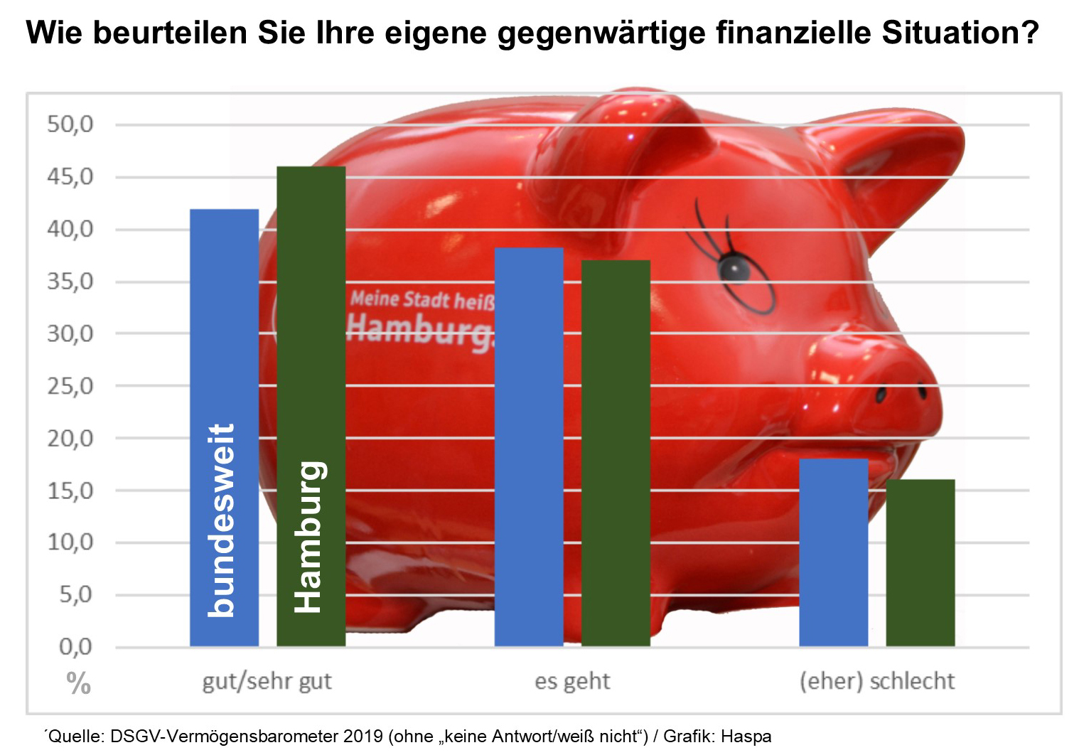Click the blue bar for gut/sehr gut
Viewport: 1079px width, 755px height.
coord(224,320)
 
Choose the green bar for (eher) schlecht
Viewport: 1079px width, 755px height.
coord(920,562)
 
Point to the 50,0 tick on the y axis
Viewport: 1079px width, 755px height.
coord(70,125)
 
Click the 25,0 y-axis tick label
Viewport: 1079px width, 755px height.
coord(70,387)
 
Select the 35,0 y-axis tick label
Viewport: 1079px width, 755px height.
coord(70,282)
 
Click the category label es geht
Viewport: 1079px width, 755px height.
coord(572,681)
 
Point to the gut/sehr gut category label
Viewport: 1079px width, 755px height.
coord(267,682)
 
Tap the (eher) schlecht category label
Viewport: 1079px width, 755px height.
coord(877,681)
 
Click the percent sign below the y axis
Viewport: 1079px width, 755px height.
coord(79,684)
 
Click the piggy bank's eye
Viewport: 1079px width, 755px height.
coord(733,268)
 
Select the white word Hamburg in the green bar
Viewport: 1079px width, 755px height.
coord(311,537)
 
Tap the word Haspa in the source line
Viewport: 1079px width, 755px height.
coord(751,736)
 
